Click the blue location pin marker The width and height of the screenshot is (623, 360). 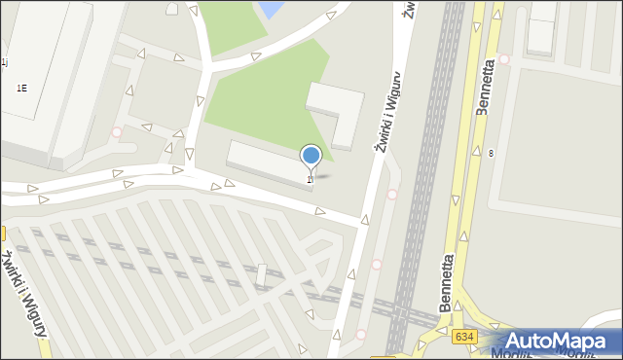[x=311, y=157]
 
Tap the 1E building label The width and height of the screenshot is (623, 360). [x=21, y=88]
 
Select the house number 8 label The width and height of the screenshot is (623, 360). [x=492, y=154]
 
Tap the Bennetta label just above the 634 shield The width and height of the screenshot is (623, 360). [x=449, y=283]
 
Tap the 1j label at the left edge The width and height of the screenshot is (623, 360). [x=4, y=61]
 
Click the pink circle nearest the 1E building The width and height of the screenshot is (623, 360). [x=117, y=132]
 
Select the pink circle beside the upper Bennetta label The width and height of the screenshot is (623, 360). [x=503, y=59]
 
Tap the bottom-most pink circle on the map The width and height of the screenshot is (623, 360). [x=360, y=335]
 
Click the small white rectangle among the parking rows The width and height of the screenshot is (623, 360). [x=261, y=275]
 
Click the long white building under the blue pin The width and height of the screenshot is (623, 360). [x=269, y=161]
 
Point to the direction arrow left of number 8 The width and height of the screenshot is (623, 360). [x=474, y=152]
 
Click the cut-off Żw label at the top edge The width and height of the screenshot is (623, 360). [x=410, y=8]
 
